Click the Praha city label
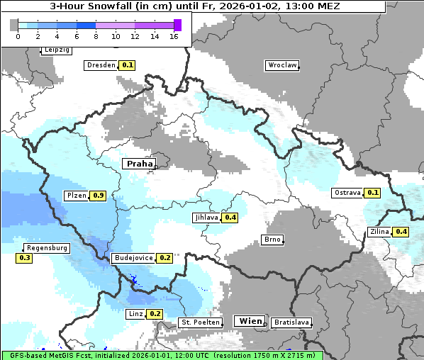tap(139, 164)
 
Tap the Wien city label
tap(250, 321)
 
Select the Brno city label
tap(272, 240)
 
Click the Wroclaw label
tap(281, 65)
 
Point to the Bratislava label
tap(291, 322)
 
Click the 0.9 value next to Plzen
tap(99, 196)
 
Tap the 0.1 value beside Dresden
tap(127, 65)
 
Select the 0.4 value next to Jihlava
tap(230, 218)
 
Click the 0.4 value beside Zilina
tap(401, 232)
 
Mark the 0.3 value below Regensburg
tap(24, 259)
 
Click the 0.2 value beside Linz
tap(155, 314)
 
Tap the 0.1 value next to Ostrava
tap(373, 193)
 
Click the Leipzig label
tap(56, 50)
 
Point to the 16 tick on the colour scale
tap(174, 37)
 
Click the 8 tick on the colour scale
tap(96, 37)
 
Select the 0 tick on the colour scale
tap(18, 37)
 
